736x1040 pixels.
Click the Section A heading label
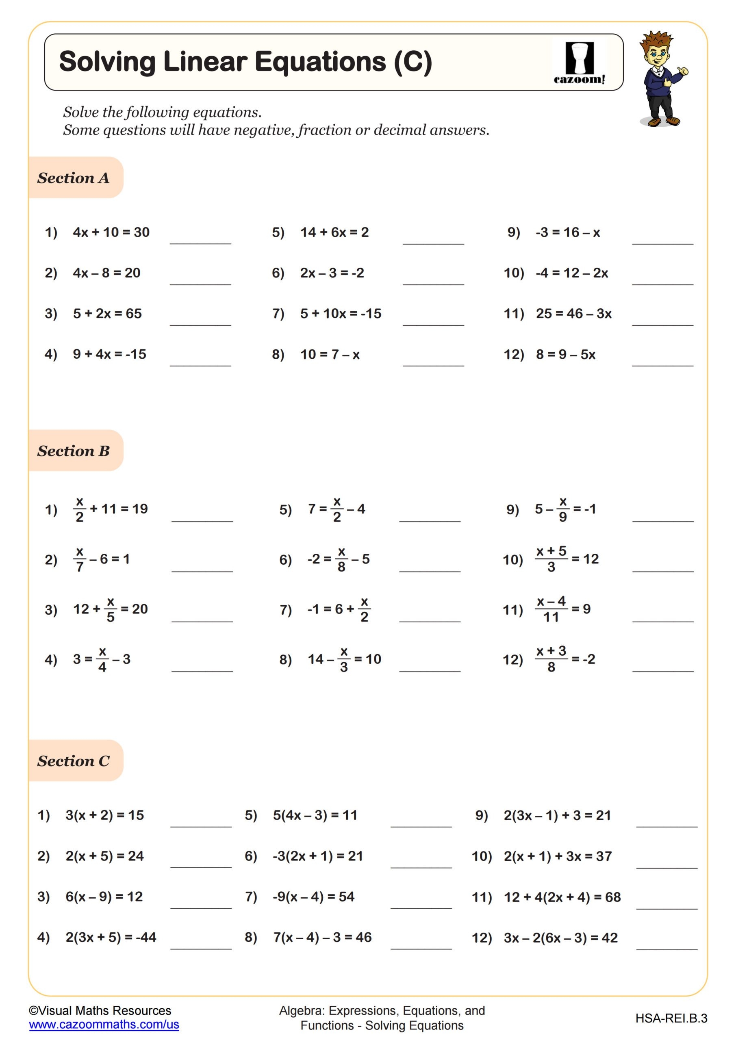click(74, 178)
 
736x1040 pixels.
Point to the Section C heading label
click(74, 761)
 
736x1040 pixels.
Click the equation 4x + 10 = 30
click(111, 232)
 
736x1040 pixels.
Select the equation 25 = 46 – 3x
click(573, 314)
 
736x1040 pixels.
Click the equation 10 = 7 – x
click(330, 354)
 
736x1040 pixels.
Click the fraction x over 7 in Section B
click(80, 559)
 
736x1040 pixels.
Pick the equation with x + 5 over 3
click(567, 559)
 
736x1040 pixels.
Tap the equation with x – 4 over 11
click(562, 609)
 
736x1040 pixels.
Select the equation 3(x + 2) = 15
click(105, 815)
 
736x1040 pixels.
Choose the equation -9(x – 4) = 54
click(314, 897)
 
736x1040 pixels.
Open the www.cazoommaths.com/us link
click(104, 1024)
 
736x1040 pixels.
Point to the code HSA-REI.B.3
click(671, 1018)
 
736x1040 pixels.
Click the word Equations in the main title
click(320, 62)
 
